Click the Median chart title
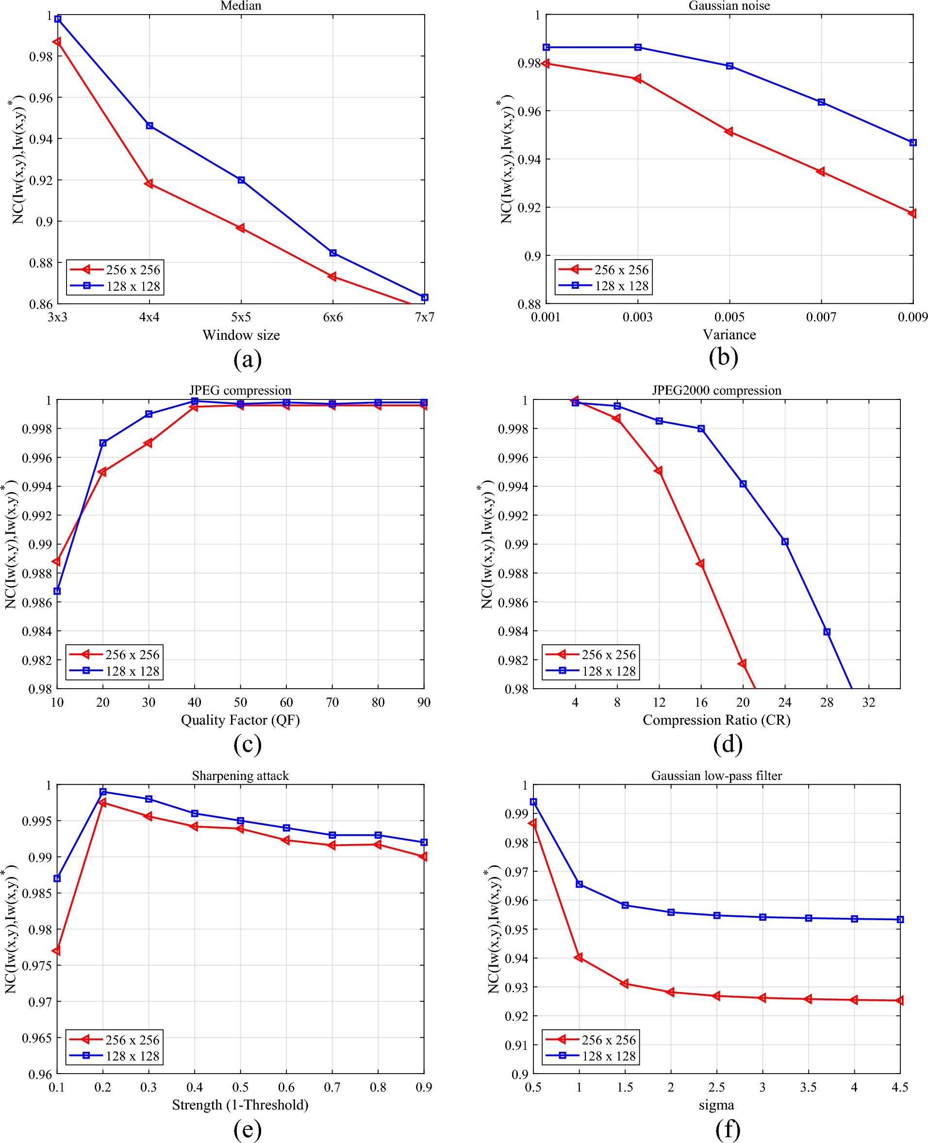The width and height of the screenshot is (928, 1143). (x=241, y=6)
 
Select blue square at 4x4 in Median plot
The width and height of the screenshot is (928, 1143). (x=149, y=126)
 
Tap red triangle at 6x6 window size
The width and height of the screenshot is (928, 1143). (x=332, y=276)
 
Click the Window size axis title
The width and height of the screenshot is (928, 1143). (x=241, y=335)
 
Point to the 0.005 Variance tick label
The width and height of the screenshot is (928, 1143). (x=729, y=317)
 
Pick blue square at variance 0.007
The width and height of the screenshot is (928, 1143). (x=821, y=102)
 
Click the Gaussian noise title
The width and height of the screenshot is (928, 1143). (x=729, y=6)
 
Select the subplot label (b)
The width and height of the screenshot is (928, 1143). (x=723, y=358)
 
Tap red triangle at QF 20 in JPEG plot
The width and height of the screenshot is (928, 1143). (x=102, y=472)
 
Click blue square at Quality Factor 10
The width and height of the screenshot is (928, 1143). (x=57, y=591)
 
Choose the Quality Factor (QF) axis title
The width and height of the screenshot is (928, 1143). (x=240, y=720)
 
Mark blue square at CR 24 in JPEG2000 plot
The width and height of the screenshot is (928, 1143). (x=785, y=542)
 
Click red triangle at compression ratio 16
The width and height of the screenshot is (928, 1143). (x=700, y=564)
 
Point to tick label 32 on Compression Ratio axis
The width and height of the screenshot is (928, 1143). (x=868, y=702)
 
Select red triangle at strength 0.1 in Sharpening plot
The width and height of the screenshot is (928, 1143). (x=56, y=950)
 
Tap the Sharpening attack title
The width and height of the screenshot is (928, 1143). (x=240, y=776)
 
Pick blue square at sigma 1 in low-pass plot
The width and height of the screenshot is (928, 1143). (x=579, y=884)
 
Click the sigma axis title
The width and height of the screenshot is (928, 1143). (x=716, y=1105)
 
